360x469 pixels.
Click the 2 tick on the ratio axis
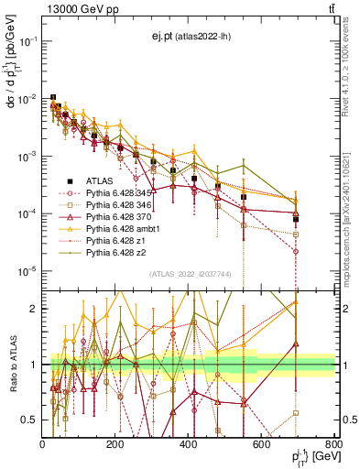[x=35, y=309]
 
